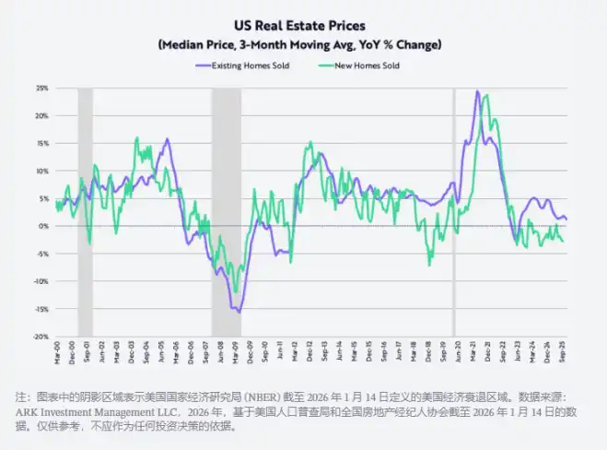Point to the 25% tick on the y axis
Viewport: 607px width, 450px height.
[x=41, y=89]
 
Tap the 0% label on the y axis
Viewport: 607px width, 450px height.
[x=43, y=226]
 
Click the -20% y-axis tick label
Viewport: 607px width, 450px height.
[x=41, y=337]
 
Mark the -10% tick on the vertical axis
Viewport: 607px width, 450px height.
[x=41, y=281]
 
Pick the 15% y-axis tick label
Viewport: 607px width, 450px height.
[x=41, y=144]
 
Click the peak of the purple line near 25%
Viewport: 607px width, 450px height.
[x=476, y=91]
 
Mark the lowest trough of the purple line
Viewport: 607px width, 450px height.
[x=239, y=313]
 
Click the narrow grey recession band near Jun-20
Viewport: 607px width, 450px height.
[x=453, y=212]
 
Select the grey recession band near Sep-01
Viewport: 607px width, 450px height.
[x=85, y=212]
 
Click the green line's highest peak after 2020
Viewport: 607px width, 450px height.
[x=485, y=95]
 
